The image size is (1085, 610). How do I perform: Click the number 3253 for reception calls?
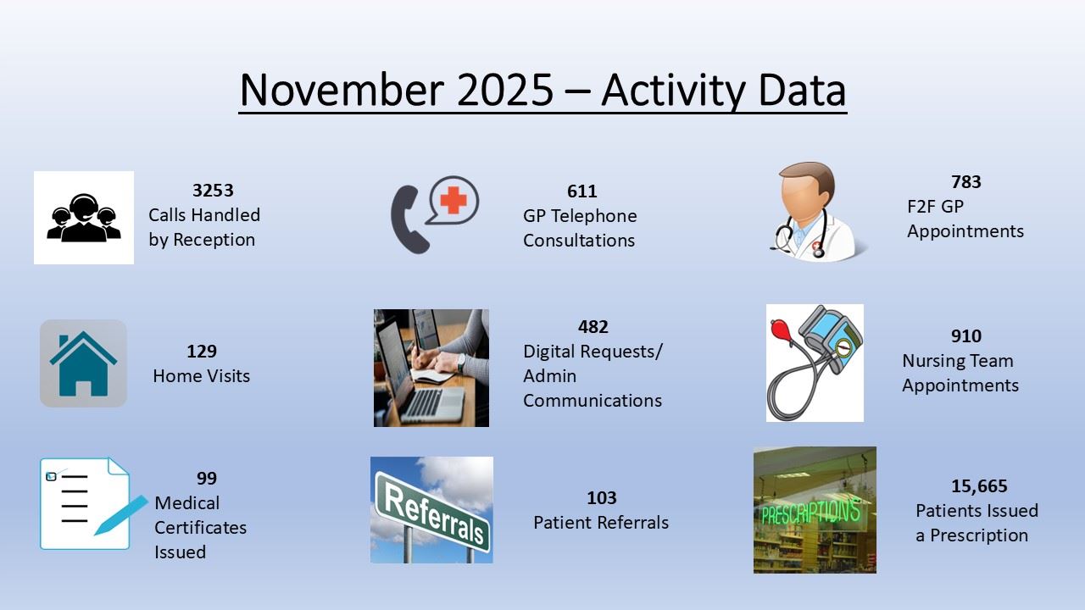pos(213,191)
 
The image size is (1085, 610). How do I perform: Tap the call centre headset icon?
pos(84,218)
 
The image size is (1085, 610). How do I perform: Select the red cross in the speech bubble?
pos(453,200)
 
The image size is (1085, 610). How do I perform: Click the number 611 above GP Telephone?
pos(581,191)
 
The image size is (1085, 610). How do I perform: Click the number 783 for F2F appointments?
pos(965,181)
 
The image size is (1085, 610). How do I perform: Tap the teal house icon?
pos(83,363)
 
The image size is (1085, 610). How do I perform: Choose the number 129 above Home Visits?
pos(202,351)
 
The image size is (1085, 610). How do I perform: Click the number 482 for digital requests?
pos(593,327)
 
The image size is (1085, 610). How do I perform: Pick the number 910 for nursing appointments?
pos(965,336)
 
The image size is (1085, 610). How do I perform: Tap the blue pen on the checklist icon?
pos(120,515)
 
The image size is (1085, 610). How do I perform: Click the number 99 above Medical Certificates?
pos(207,479)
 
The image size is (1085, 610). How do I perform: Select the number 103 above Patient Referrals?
pos(602,497)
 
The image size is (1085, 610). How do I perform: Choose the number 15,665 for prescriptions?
pos(979,486)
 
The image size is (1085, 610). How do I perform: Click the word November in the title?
pos(342,90)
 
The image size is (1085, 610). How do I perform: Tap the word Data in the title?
pos(802,90)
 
